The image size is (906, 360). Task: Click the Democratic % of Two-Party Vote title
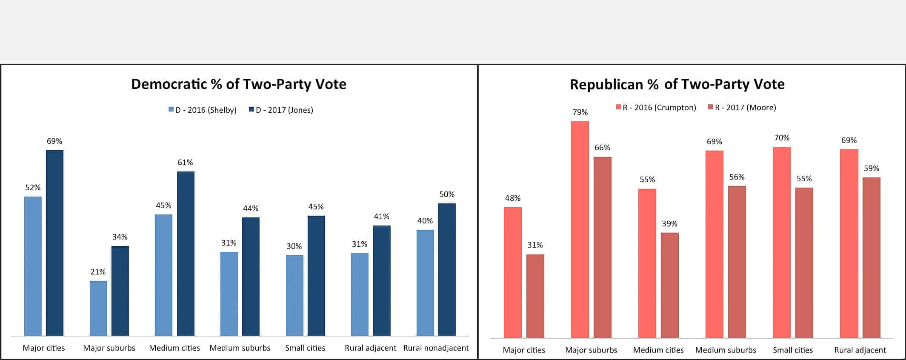[x=238, y=84]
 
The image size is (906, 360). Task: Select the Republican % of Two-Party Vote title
[x=677, y=84]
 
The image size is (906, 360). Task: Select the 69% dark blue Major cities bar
[x=54, y=243]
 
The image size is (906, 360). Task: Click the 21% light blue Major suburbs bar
[x=98, y=308]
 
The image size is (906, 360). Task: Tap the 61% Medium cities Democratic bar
[x=186, y=253]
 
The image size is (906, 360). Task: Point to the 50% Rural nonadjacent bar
[x=447, y=269]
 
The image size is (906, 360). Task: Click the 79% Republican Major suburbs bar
[x=580, y=230]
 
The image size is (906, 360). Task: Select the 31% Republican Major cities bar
[x=535, y=296]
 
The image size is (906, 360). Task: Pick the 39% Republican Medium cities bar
[x=669, y=285]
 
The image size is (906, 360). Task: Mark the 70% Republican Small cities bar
[x=781, y=243]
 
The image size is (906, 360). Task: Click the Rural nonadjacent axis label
[x=436, y=348]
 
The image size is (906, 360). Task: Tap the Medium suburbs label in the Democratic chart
[x=240, y=348]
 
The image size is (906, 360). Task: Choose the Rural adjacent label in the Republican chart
[x=860, y=350]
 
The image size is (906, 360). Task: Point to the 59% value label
[x=871, y=169]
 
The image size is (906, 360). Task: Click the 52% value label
[x=33, y=188]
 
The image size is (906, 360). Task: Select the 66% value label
[x=602, y=148]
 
